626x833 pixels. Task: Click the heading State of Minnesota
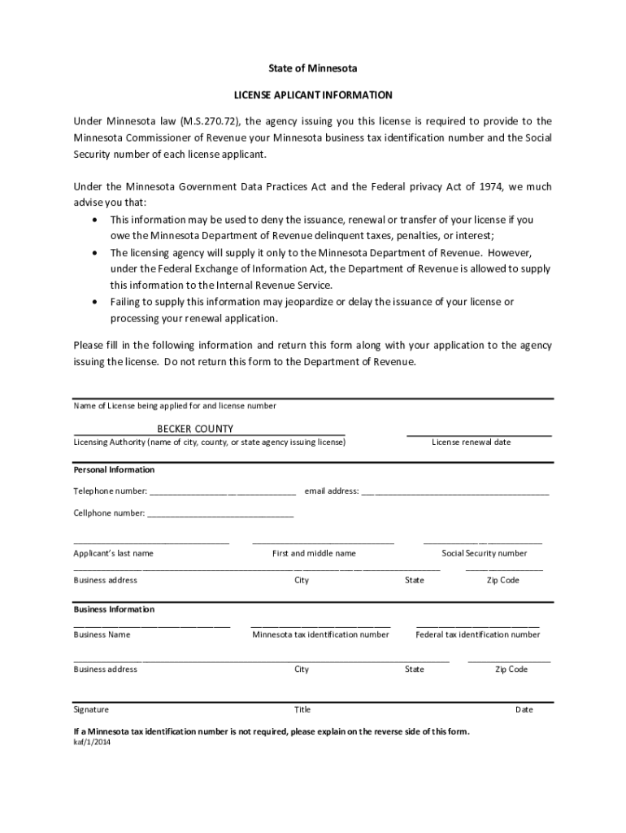pos(313,68)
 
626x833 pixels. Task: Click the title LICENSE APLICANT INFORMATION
pos(313,95)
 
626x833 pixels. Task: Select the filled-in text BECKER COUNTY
pos(195,429)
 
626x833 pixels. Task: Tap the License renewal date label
pos(472,443)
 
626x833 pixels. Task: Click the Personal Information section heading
pos(114,470)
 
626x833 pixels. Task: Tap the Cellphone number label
pos(109,513)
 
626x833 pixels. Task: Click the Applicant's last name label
pos(113,553)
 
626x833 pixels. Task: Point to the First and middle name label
pos(314,553)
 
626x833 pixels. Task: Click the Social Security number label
pos(485,553)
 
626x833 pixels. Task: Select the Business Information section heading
pos(114,609)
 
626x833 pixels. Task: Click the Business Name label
pos(102,635)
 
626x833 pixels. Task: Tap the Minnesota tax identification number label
pos(320,635)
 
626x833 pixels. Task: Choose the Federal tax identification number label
pos(478,635)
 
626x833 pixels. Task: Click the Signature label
pos(91,709)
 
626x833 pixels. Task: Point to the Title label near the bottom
pos(302,709)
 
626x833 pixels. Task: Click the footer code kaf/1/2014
pos(92,742)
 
